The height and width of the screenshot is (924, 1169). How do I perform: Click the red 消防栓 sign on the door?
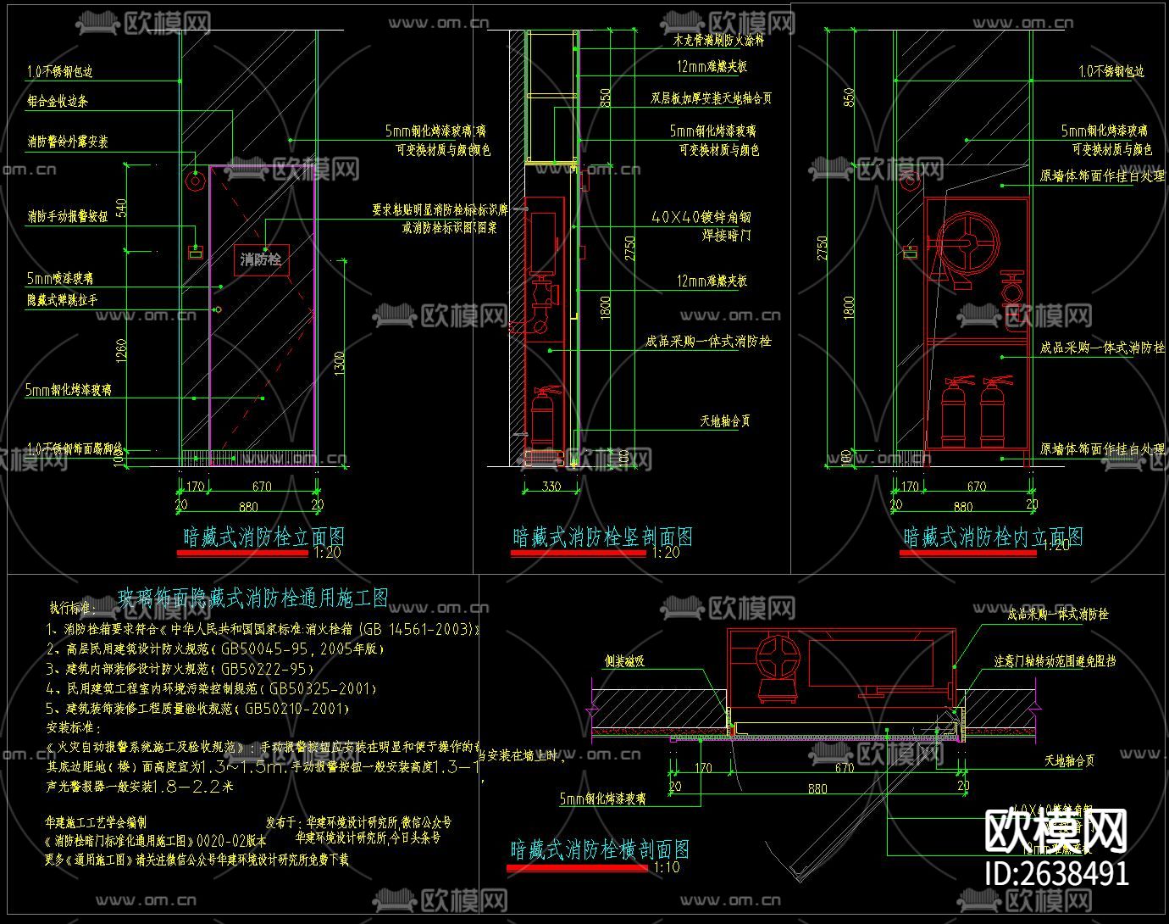pos(261,259)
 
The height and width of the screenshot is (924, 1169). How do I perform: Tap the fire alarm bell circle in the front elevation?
pos(196,180)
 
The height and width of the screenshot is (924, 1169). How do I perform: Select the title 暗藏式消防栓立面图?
pos(264,537)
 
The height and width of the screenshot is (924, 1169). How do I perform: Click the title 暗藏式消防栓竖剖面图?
pos(602,537)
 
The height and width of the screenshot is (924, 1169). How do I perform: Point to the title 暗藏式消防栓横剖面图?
pos(599,849)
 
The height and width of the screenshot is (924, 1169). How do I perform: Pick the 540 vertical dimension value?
pos(121,209)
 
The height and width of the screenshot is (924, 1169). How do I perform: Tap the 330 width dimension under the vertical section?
pos(551,487)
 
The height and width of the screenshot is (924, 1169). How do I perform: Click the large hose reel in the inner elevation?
pos(965,246)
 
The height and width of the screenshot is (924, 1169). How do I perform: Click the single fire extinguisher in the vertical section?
pos(541,415)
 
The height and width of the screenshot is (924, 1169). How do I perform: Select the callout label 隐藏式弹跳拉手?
pos(63,299)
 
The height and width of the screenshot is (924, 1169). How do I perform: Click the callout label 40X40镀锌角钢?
pos(701,217)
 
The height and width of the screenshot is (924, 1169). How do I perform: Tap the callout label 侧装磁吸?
pos(624,660)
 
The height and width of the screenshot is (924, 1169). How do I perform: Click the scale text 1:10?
pos(667,866)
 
